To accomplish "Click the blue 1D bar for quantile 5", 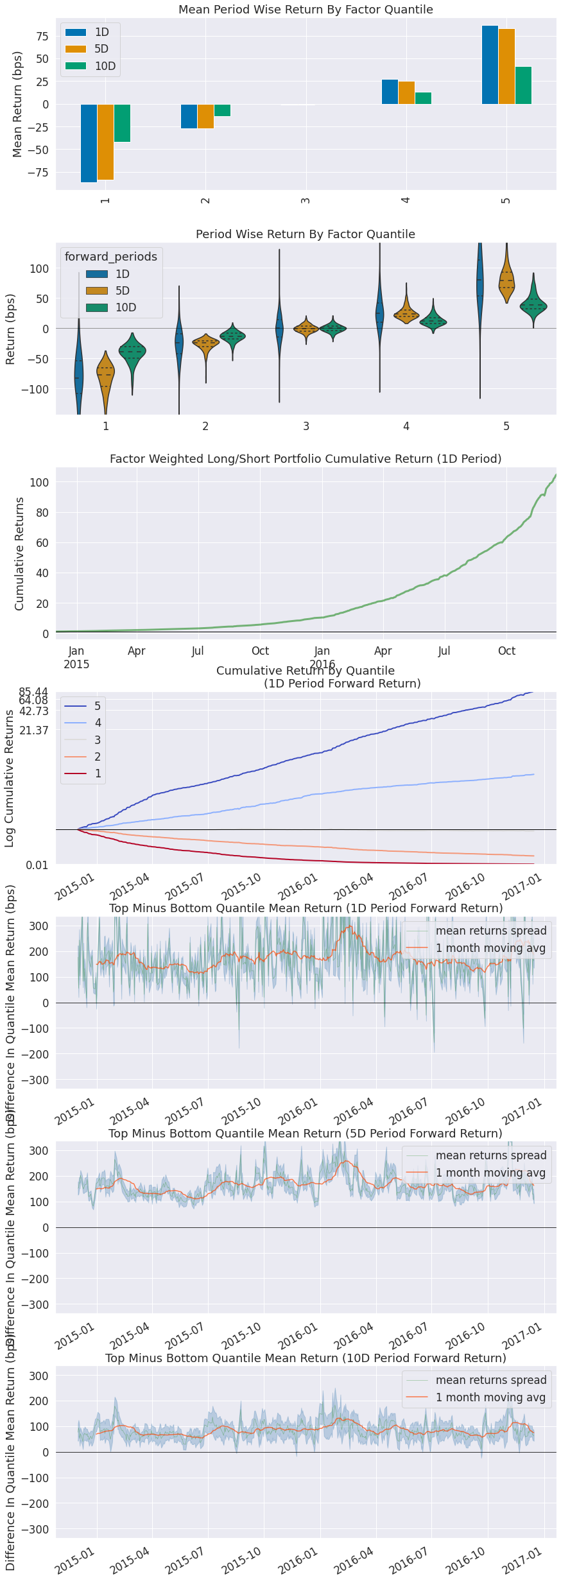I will pyautogui.click(x=490, y=65).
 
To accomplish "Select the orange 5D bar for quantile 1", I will pyautogui.click(x=105, y=142).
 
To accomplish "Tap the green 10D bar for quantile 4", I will pyautogui.click(x=423, y=98).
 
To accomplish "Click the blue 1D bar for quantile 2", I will pyautogui.click(x=189, y=116).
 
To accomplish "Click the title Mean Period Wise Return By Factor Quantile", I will pyautogui.click(x=306, y=10).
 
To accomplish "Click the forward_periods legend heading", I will pyautogui.click(x=110, y=257).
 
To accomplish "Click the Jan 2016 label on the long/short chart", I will pyautogui.click(x=322, y=657).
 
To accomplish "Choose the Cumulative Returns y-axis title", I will pyautogui.click(x=19, y=553).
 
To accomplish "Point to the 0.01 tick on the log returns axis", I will pyautogui.click(x=37, y=865).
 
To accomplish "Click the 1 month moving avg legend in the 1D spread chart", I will pyautogui.click(x=490, y=948).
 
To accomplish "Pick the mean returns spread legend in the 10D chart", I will pyautogui.click(x=490, y=1380).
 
